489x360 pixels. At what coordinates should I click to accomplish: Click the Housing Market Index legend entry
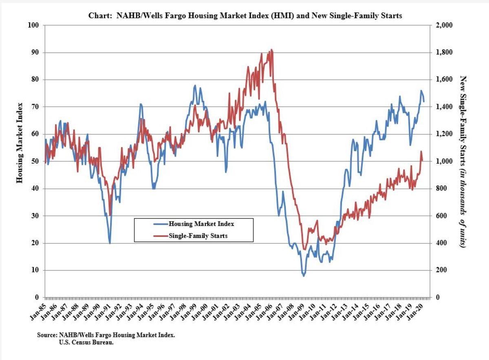coord(201,224)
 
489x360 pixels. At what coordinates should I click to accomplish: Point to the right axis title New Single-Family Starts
coord(463,161)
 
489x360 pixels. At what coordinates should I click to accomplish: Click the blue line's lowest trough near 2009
coord(303,276)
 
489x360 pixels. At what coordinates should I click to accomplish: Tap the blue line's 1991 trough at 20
coord(110,243)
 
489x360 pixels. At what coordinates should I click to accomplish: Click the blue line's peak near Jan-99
coord(195,86)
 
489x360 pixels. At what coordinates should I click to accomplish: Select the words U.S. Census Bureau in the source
coord(86,342)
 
